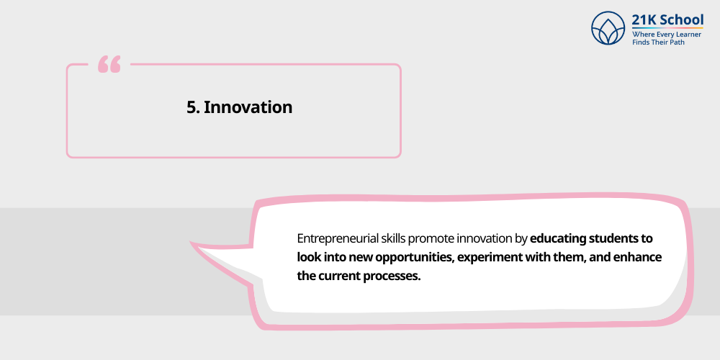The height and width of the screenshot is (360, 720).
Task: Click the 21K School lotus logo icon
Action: pos(608,28)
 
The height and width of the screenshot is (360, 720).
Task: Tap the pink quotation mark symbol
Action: pos(109,65)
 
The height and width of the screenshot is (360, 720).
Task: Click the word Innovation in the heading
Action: pos(248,107)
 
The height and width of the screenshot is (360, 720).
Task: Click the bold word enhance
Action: pos(636,257)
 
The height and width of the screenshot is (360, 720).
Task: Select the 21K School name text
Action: pos(667,19)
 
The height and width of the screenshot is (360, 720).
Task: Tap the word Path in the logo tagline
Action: pos(675,42)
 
